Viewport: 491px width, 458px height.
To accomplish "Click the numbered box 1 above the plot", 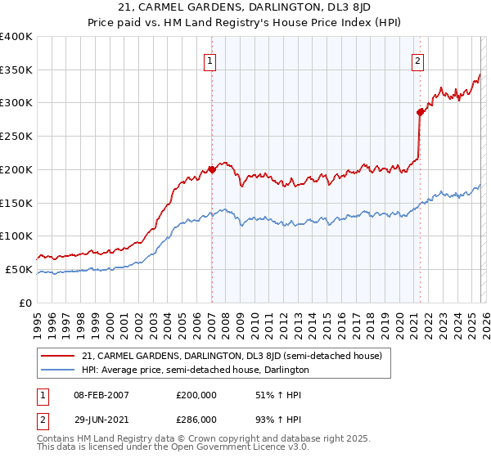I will (x=210, y=61).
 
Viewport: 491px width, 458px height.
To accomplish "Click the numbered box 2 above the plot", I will (x=418, y=61).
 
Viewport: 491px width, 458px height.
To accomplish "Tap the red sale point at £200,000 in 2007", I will (x=211, y=169).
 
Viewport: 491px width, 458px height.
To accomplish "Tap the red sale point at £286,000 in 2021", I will (x=420, y=111).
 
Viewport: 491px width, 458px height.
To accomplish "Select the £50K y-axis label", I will (x=20, y=269).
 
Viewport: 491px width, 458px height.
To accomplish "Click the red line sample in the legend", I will (x=58, y=356).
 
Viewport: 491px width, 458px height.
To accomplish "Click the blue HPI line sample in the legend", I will (x=58, y=370).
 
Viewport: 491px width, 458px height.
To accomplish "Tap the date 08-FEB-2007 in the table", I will (x=101, y=395).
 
